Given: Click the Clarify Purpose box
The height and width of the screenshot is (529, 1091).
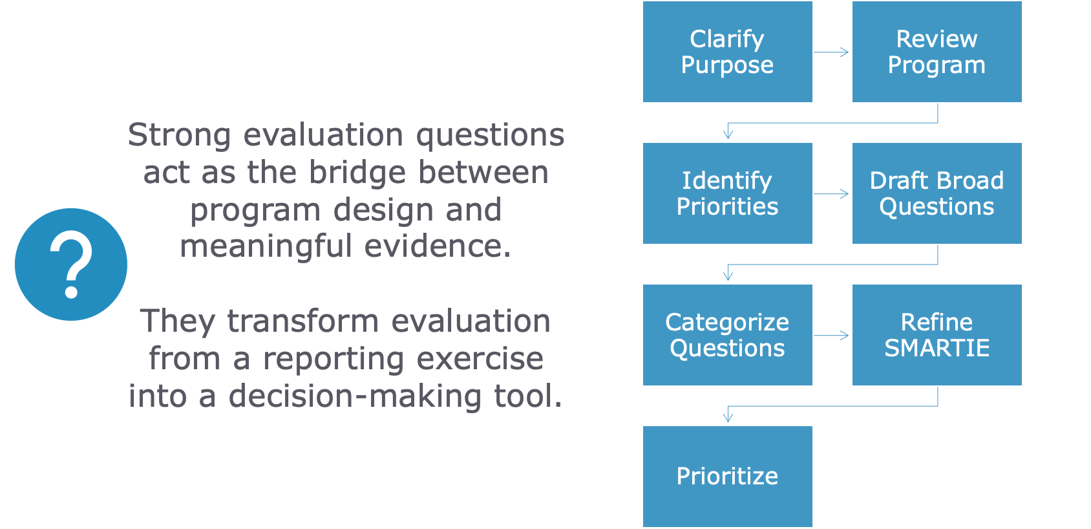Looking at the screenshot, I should [727, 52].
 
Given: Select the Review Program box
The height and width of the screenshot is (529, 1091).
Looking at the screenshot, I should [937, 52].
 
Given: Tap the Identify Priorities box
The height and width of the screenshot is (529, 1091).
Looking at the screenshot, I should [727, 193].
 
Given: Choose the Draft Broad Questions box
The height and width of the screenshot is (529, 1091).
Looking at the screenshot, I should [937, 193].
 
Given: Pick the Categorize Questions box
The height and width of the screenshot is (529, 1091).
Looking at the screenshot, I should [727, 335].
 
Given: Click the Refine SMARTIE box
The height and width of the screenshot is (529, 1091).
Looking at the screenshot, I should [937, 335].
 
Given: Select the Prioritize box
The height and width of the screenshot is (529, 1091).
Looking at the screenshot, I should [727, 477].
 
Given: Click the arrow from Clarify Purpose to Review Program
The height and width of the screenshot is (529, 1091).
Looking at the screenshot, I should [832, 52].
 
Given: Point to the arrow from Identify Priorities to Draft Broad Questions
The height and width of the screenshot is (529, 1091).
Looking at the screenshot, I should [832, 194].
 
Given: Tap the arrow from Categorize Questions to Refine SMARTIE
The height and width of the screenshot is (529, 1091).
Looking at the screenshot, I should [832, 336].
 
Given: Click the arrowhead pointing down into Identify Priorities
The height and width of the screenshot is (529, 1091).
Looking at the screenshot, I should [728, 135].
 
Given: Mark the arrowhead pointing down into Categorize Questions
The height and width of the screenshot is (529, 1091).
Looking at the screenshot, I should [728, 276].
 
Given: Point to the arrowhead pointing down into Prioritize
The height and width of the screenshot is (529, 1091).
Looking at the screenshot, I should [728, 418].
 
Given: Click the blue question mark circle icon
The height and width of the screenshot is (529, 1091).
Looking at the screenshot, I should [71, 264].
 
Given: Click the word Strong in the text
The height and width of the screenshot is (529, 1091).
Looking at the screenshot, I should [179, 136].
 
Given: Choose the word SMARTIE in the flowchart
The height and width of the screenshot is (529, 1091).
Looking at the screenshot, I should [937, 349].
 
